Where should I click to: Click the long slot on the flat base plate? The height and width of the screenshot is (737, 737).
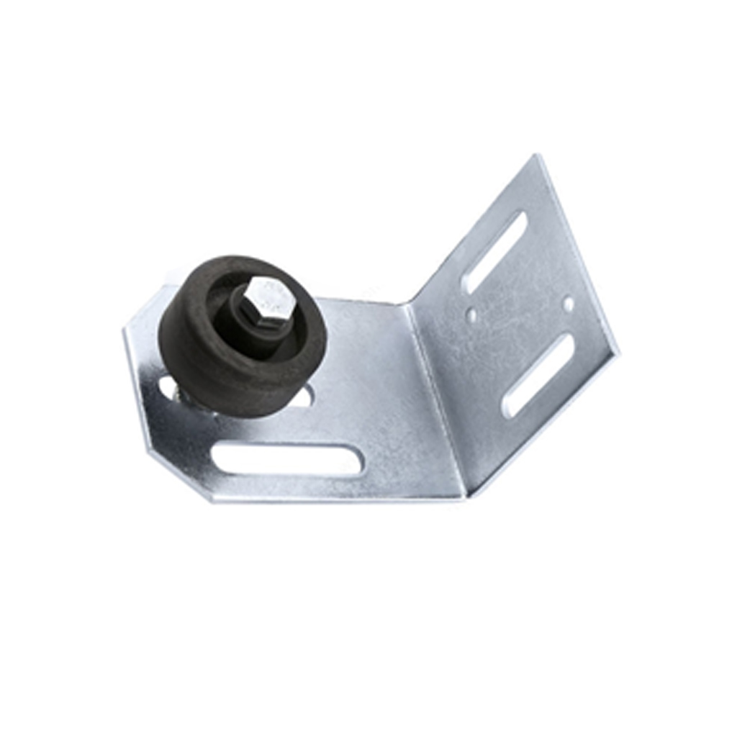288,459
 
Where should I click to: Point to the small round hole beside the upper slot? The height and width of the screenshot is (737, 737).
471,315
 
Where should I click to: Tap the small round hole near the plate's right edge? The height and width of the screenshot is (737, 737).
569,304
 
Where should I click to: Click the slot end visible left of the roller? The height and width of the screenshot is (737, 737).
167,389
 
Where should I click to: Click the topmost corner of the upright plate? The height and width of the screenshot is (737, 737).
537,156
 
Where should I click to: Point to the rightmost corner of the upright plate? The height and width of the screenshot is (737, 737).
617,353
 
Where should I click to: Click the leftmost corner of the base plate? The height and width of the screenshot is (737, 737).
125,328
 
